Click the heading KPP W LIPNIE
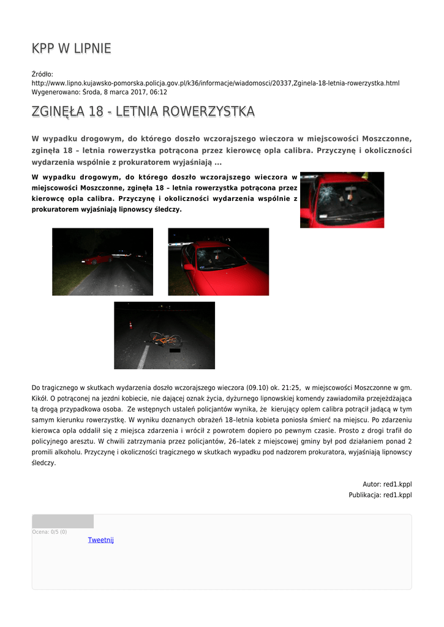[x=71, y=48]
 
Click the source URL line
[x=215, y=83]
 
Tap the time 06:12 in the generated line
[x=159, y=92]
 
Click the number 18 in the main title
[x=96, y=111]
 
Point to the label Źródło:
[x=42, y=74]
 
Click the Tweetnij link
[x=100, y=540]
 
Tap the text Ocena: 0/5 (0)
[x=50, y=531]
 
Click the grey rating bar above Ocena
[x=62, y=521]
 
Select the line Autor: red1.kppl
[x=387, y=484]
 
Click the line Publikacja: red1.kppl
[x=380, y=495]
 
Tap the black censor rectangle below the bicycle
[x=175, y=350]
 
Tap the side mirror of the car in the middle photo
[x=189, y=266]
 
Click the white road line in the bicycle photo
[x=143, y=357]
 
